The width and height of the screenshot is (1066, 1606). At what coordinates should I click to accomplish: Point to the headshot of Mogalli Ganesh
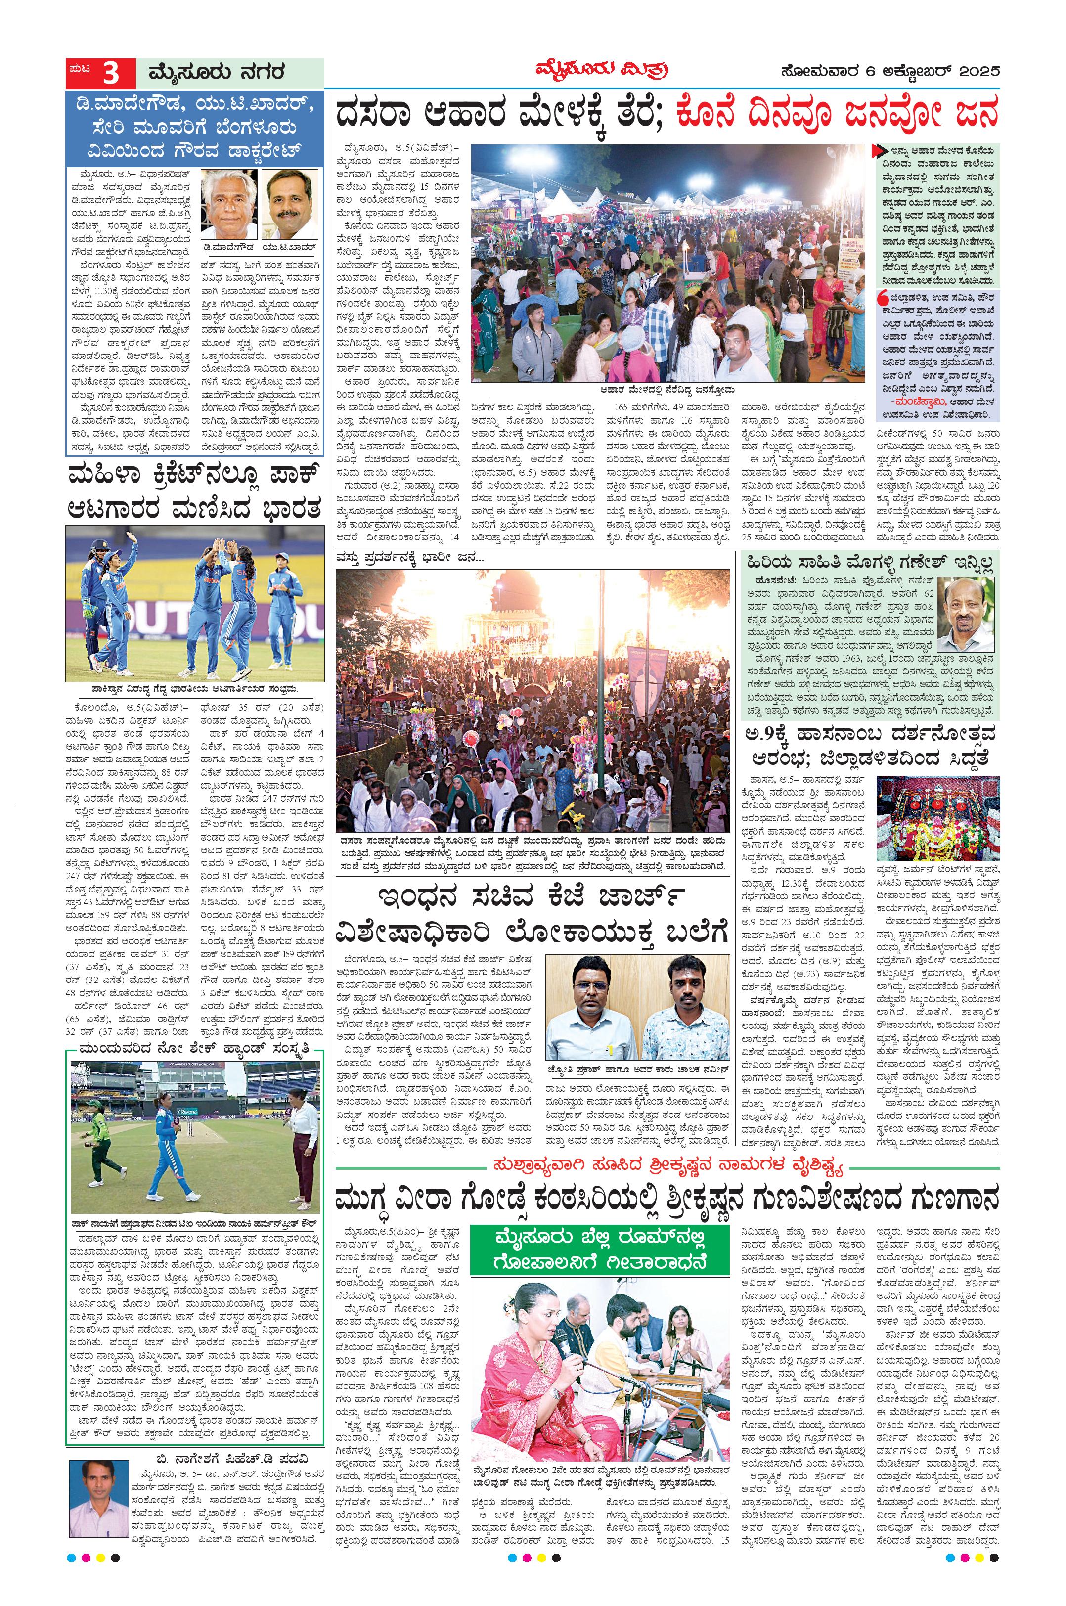click(965, 613)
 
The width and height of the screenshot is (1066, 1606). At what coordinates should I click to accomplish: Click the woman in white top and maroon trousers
click(303, 1135)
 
